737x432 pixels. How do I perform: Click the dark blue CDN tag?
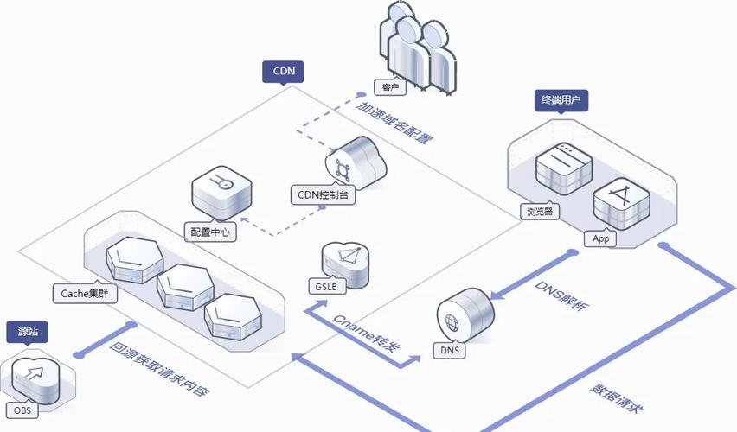tap(283, 72)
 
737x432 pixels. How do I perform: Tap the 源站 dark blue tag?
tap(27, 331)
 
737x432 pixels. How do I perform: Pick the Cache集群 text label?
tap(84, 293)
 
